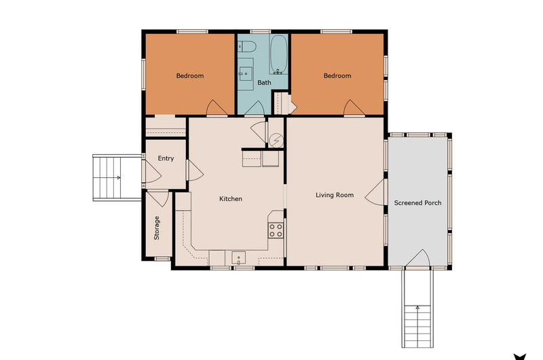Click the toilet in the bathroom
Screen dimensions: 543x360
point(247,46)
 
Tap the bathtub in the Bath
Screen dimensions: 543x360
point(278,54)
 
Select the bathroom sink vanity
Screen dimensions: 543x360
point(246,74)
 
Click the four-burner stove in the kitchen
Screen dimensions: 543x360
point(276,230)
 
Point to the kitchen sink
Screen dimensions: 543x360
point(239,258)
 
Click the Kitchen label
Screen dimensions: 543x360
point(231,199)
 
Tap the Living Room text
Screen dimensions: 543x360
point(335,195)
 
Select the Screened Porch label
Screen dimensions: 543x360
point(417,203)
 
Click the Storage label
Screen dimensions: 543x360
point(157,228)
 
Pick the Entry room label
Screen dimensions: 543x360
point(166,158)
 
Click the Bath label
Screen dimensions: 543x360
point(264,82)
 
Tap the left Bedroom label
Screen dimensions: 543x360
point(190,75)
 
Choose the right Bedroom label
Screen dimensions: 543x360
point(337,75)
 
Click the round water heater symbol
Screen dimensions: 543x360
point(276,141)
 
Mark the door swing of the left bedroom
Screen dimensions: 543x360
point(217,107)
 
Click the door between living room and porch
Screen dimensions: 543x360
point(375,192)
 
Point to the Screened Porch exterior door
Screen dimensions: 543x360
point(417,258)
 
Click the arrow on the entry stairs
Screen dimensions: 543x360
point(118,178)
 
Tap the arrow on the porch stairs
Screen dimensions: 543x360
point(417,307)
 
